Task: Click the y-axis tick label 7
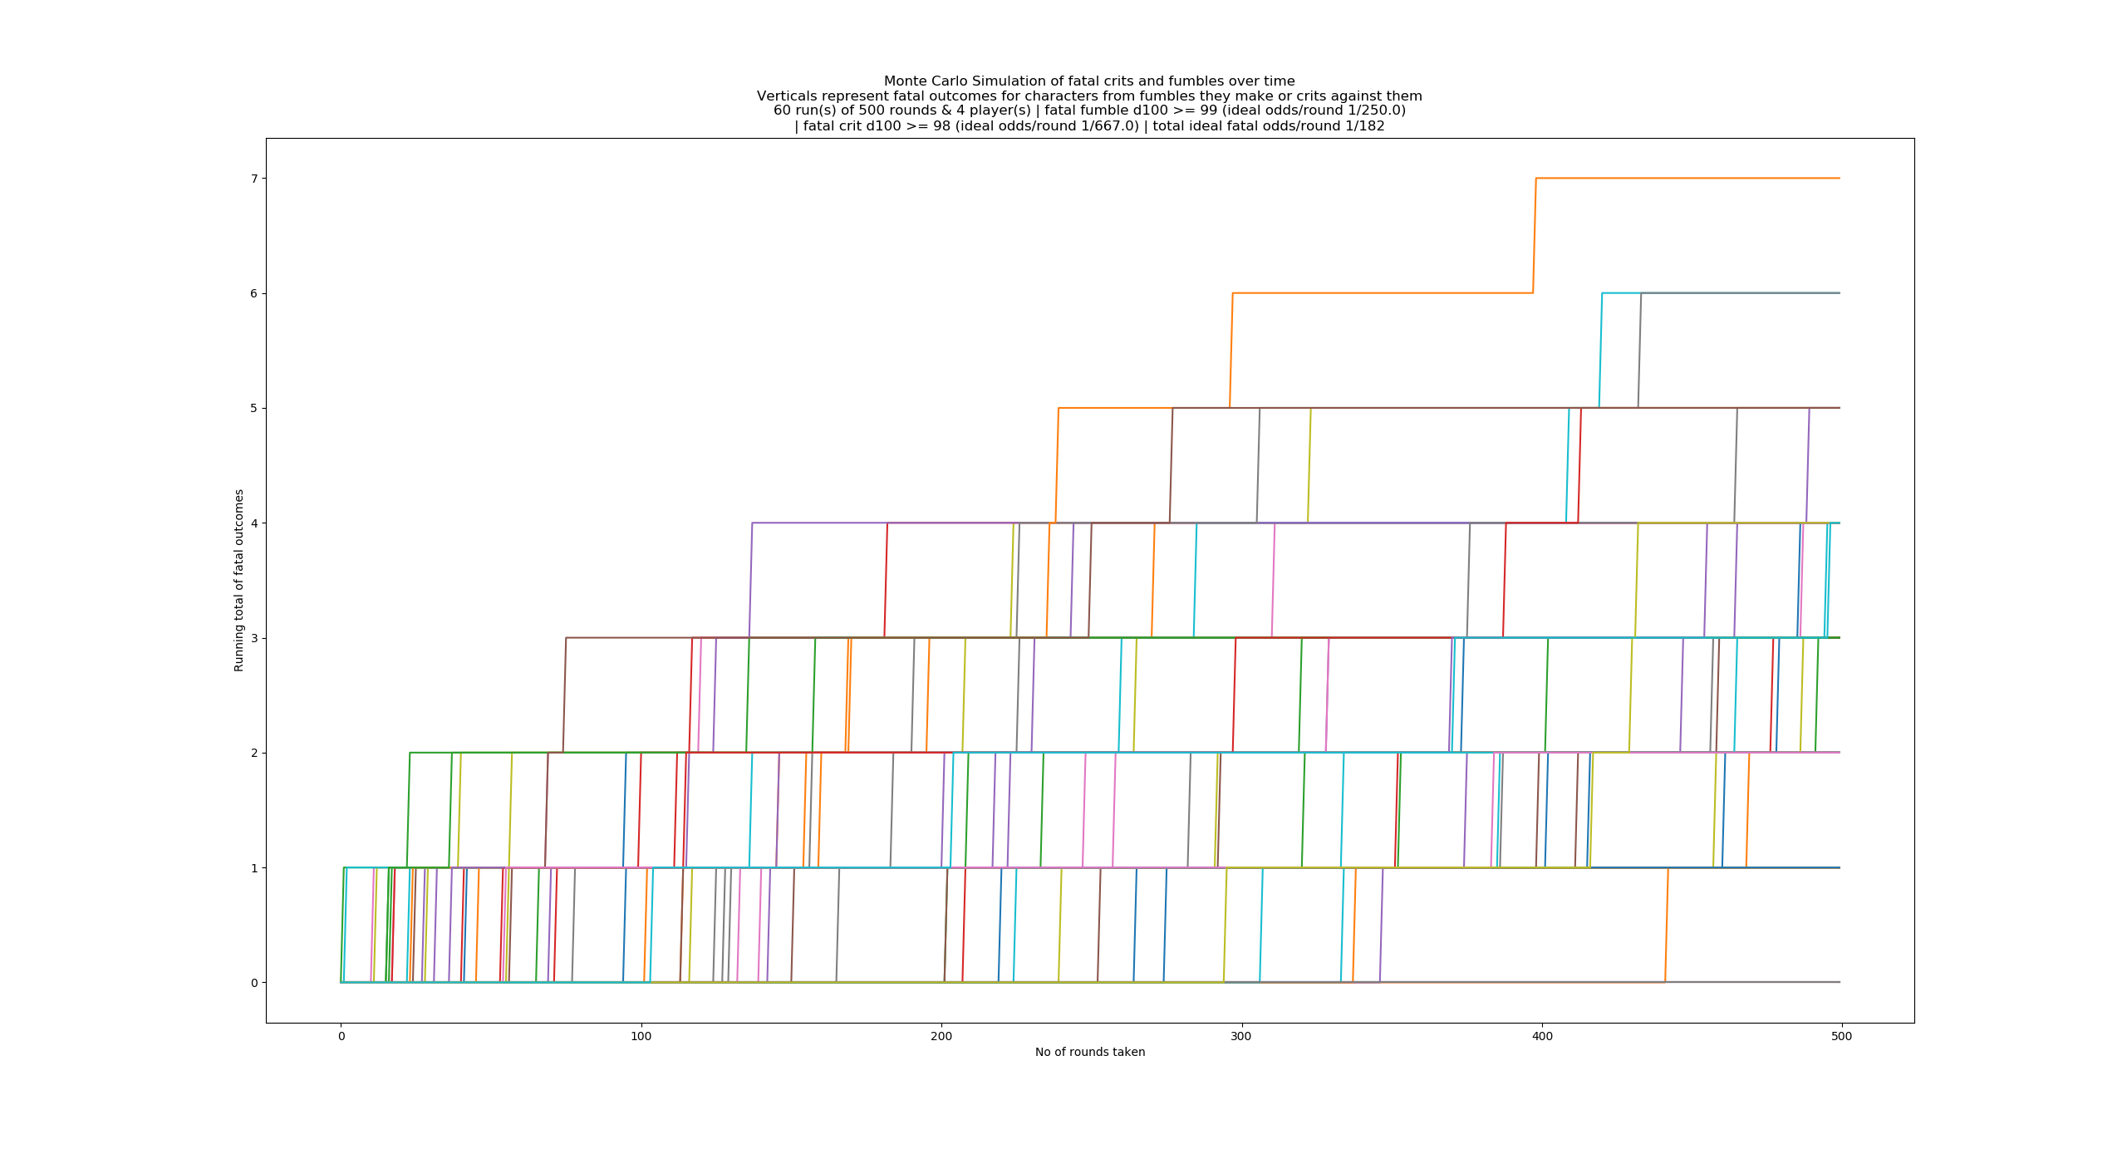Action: (254, 179)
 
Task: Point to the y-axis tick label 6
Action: (254, 293)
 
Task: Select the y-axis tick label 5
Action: (254, 408)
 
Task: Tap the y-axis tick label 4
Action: (254, 523)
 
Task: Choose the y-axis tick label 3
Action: (254, 638)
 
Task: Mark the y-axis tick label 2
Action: (254, 753)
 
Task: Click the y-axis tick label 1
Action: (254, 868)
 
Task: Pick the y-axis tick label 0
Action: (254, 983)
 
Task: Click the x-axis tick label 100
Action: (641, 1036)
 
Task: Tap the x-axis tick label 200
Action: (941, 1036)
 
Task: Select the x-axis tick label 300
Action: (1241, 1036)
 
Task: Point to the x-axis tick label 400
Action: (1541, 1036)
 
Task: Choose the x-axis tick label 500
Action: (1842, 1036)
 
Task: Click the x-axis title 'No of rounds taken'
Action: (1089, 1053)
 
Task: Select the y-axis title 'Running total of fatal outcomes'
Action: (239, 580)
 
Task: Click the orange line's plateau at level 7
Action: (1687, 178)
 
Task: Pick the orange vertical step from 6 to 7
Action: (1535, 235)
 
